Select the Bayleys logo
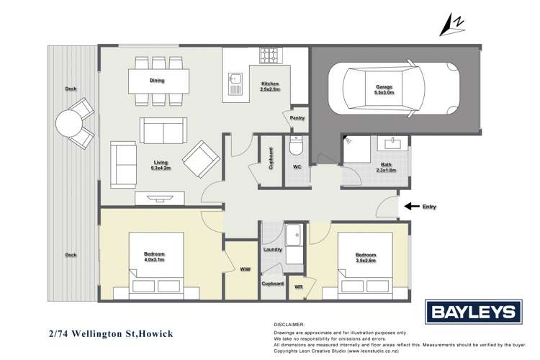pos(472,312)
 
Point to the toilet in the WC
pos(296,148)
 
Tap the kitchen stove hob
pos(269,55)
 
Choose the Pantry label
pos(297,118)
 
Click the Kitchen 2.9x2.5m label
pos(270,86)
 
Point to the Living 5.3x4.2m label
pos(160,165)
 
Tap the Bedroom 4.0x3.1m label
pos(154,258)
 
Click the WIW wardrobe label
pos(244,271)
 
